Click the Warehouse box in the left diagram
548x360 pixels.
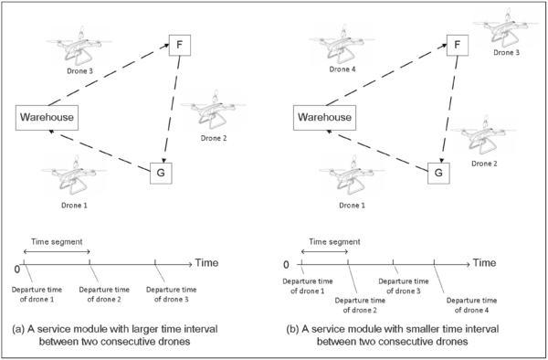pyautogui.click(x=47, y=117)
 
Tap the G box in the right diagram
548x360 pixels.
pyautogui.click(x=439, y=171)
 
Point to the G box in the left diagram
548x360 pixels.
pyautogui.click(x=162, y=171)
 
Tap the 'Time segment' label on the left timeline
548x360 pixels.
pyautogui.click(x=57, y=239)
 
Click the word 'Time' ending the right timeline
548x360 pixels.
pyautogui.click(x=484, y=262)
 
